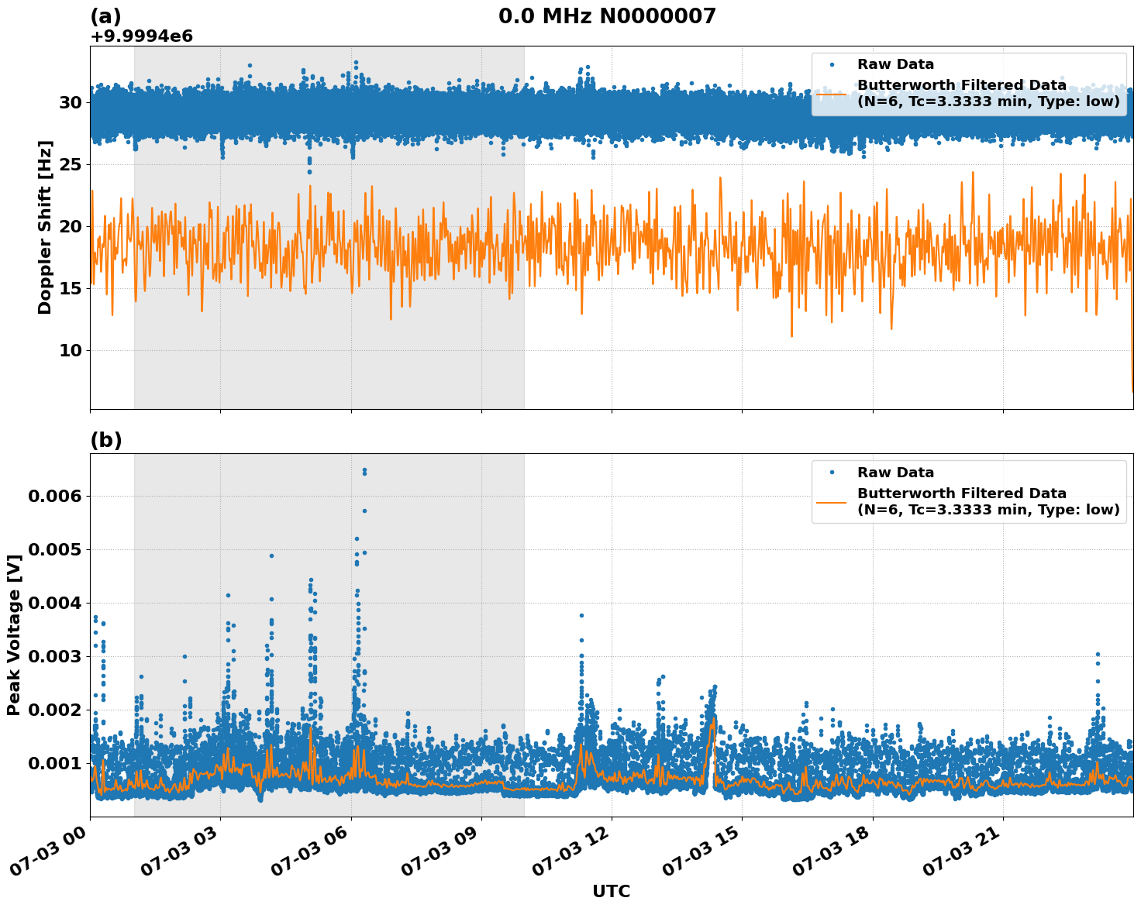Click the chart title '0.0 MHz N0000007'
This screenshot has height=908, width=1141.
(607, 16)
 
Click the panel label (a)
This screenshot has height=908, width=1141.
(106, 16)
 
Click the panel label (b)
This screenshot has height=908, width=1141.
(106, 440)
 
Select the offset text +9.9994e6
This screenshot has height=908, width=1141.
(142, 36)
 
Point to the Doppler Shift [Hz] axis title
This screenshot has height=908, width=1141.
(45, 227)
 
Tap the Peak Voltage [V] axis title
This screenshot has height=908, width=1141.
(14, 635)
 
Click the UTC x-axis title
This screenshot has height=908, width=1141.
(611, 891)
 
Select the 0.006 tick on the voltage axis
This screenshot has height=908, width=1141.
(55, 496)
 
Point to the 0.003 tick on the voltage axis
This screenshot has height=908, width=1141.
(55, 656)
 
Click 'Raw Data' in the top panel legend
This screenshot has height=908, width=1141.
(895, 64)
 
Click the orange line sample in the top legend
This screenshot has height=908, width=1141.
(830, 93)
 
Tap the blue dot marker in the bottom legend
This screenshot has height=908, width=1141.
(830, 473)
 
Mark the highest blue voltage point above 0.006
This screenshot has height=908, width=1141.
(364, 470)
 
